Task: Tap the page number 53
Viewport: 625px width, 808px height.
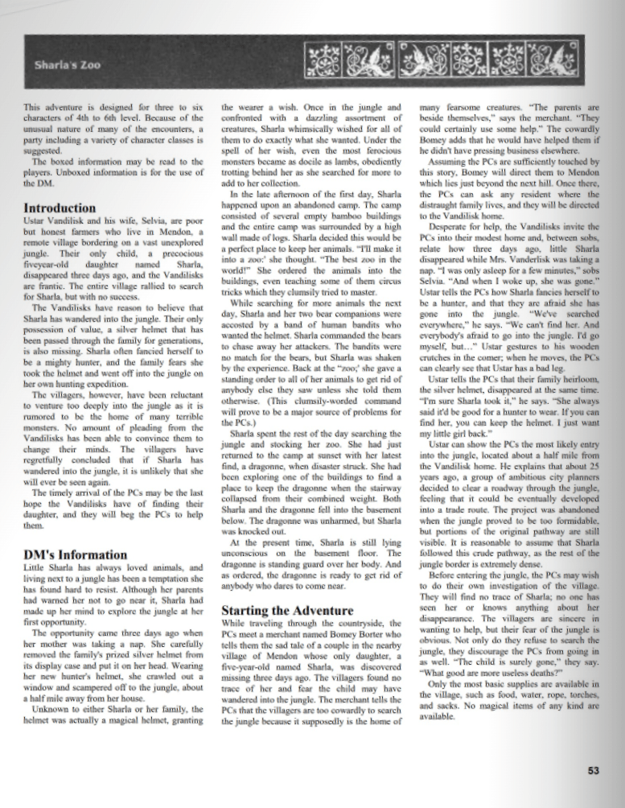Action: point(593,771)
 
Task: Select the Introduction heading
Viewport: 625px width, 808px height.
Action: point(60,208)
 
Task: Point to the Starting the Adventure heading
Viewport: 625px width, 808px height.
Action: point(283,610)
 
